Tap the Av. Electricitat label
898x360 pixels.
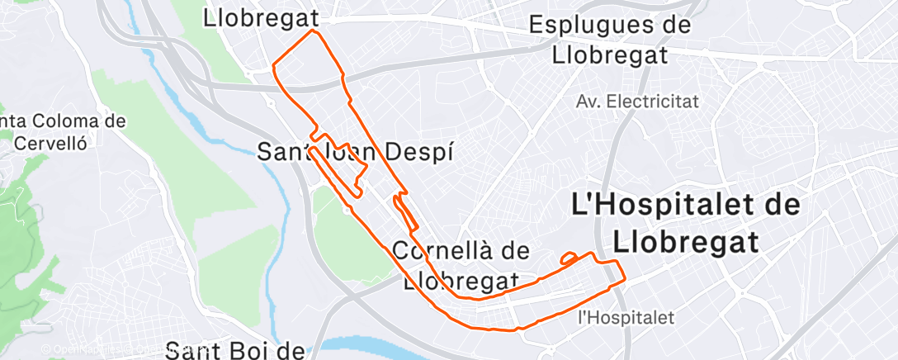636,102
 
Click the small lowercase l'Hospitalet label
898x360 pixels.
626,316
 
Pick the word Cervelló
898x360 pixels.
51,141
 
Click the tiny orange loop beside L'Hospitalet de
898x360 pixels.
569,258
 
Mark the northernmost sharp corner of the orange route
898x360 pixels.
314,31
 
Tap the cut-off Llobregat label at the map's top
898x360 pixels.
260,16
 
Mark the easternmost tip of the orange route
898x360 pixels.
625,277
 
